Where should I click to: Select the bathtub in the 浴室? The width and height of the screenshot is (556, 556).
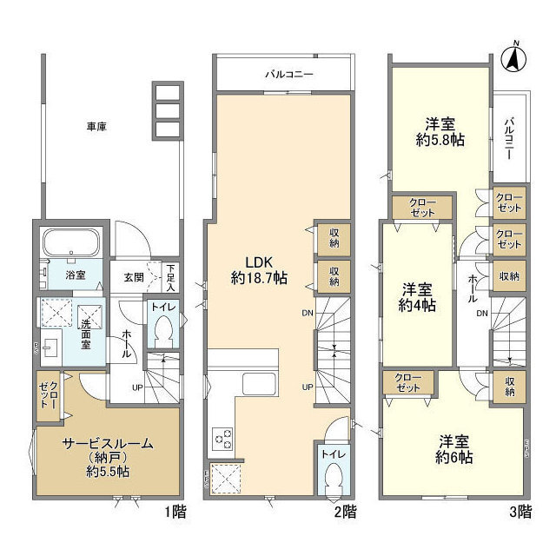click(73, 244)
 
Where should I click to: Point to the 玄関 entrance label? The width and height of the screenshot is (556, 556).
click(133, 277)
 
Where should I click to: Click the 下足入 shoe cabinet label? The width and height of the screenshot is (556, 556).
click(171, 277)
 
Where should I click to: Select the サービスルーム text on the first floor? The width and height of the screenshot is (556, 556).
click(107, 444)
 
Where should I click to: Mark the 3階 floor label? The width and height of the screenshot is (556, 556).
click(519, 512)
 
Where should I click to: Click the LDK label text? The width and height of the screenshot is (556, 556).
click(259, 261)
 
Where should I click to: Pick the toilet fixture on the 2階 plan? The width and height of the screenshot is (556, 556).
click(331, 477)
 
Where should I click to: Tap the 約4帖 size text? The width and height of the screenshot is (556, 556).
click(417, 305)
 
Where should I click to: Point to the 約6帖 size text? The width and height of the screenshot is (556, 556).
click(453, 457)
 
